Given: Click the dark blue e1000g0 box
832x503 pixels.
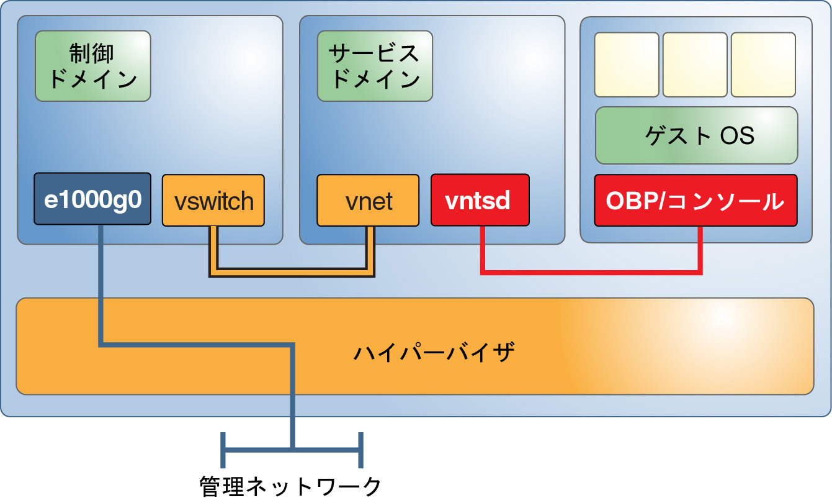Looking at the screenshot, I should point(92,199).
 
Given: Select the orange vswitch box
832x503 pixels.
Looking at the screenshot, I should point(213,201).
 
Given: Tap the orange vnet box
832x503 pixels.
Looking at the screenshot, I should point(367,201).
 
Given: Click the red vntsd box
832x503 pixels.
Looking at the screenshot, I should point(480,201).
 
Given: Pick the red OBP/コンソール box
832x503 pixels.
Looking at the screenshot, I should point(695,201).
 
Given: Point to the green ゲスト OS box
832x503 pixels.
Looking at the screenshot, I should point(696,135).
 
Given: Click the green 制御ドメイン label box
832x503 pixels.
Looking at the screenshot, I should point(93,66).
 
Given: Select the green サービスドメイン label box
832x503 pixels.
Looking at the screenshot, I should point(375,66).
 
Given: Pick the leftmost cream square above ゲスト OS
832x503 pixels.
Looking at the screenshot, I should point(627,65).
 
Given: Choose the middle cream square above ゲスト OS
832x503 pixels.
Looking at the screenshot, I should point(695,65).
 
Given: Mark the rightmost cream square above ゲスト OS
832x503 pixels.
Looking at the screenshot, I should point(763,65).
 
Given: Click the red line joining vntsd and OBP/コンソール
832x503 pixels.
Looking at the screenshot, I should point(589,271).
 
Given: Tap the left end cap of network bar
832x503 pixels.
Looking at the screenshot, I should point(223,448).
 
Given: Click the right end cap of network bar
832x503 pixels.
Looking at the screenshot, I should point(360,448).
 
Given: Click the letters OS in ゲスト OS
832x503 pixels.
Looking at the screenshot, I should point(738,135).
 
